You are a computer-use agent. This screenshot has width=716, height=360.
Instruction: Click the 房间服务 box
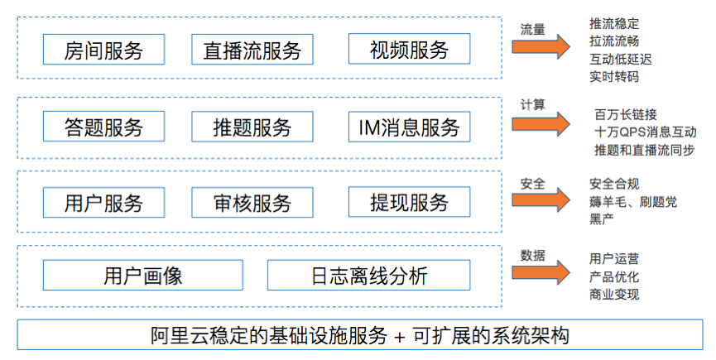[103, 50]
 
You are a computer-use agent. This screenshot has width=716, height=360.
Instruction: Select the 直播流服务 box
[252, 50]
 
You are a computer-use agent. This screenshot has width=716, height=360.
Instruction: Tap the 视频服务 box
[409, 49]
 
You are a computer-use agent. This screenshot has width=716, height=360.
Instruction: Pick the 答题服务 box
[103, 127]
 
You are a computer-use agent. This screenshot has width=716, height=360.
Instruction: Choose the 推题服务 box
[252, 127]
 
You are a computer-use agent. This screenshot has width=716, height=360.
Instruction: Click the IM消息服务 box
[409, 127]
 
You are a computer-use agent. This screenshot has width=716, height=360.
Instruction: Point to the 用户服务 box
[103, 202]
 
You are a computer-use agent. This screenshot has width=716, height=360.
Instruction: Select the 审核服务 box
[252, 202]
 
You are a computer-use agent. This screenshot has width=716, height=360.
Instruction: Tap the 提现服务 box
[409, 202]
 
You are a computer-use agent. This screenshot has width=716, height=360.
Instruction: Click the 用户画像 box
[143, 275]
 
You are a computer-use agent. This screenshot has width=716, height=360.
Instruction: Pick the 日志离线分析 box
[368, 275]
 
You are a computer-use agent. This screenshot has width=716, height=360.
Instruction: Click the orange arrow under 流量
[541, 46]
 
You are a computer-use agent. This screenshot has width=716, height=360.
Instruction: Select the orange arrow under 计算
[541, 124]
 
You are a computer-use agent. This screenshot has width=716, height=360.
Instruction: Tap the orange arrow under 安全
[541, 199]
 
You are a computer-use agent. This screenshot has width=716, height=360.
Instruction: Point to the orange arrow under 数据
[541, 272]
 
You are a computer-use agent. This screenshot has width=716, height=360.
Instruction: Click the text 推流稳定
[614, 23]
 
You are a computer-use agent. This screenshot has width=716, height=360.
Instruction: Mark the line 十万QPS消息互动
[645, 132]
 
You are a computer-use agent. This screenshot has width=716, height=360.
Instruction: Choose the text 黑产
[602, 219]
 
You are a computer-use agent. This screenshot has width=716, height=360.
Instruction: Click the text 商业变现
[614, 295]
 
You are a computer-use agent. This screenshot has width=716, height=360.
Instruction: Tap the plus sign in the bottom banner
[400, 337]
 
